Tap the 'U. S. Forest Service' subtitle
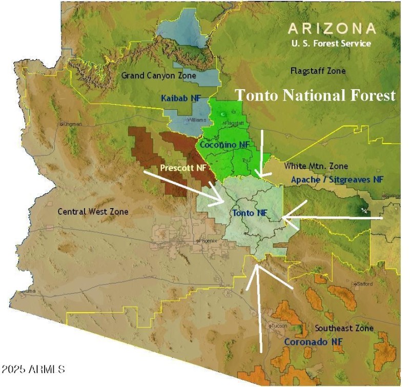[331, 44]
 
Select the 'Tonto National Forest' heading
[315, 95]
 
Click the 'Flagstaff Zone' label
[318, 71]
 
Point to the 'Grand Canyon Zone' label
[158, 75]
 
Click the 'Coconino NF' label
[224, 145]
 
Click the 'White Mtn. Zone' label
[316, 166]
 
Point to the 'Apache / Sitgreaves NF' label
[337, 179]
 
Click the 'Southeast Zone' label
[337, 328]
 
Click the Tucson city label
[280, 325]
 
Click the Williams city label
[197, 120]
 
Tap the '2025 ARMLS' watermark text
[33, 369]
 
